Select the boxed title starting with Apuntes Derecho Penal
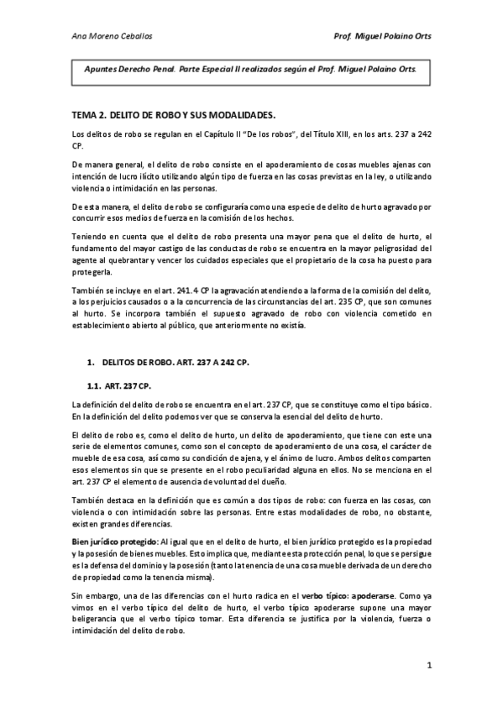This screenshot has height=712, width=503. [249, 71]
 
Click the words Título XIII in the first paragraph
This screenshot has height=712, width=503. [290, 135]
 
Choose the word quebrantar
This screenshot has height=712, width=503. [130, 259]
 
